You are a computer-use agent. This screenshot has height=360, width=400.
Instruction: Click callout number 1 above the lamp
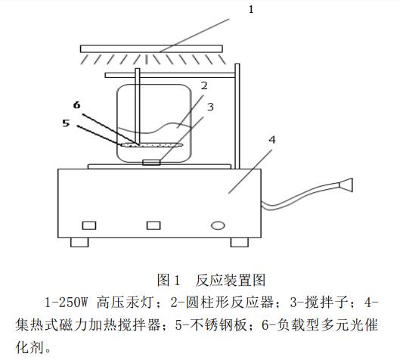click(x=251, y=9)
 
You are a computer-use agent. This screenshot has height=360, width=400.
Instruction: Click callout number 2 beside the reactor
click(x=204, y=85)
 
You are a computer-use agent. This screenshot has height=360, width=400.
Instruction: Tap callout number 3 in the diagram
click(x=210, y=107)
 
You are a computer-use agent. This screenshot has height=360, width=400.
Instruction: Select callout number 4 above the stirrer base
click(x=272, y=140)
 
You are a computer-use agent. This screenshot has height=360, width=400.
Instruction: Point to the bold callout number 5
click(x=66, y=123)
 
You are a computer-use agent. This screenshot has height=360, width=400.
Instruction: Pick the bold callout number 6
click(x=77, y=105)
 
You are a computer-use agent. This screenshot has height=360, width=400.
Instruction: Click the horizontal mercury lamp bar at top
click(x=151, y=48)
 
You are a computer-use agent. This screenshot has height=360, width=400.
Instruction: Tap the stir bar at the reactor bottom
click(x=151, y=163)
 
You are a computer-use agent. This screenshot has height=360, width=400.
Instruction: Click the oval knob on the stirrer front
click(x=218, y=225)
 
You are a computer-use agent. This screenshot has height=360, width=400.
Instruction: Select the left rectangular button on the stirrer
click(x=89, y=225)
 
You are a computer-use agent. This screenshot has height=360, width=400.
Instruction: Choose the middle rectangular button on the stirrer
click(x=153, y=225)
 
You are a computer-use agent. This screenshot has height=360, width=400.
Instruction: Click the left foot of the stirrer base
click(x=79, y=242)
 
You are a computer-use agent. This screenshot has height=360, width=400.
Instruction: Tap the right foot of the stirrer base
click(x=240, y=242)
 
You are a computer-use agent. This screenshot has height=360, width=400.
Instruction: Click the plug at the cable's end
click(x=346, y=185)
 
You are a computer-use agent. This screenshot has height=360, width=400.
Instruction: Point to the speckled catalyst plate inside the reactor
click(x=152, y=145)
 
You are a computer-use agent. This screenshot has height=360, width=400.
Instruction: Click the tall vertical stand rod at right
click(x=237, y=116)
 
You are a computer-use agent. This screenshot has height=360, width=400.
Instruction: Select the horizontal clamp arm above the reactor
click(x=170, y=75)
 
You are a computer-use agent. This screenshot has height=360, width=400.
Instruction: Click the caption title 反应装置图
click(x=231, y=280)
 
